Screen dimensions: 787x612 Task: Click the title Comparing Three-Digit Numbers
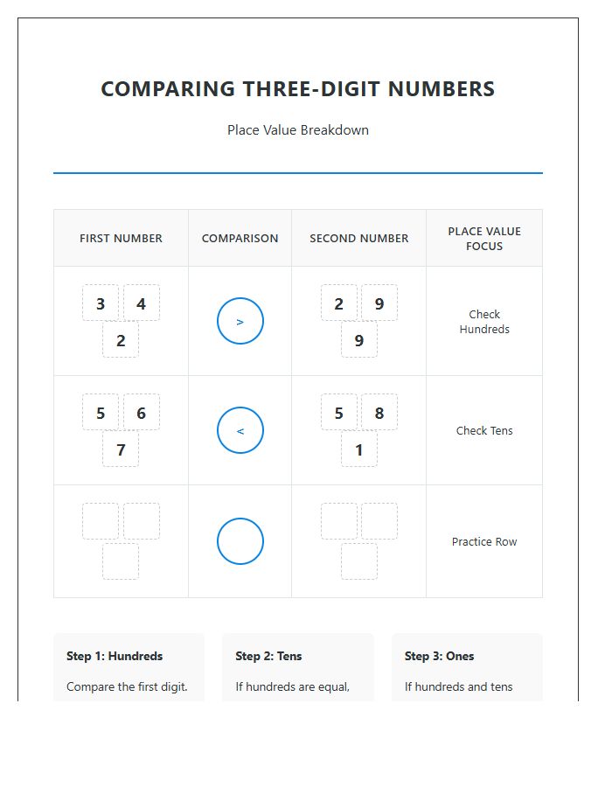tap(297, 89)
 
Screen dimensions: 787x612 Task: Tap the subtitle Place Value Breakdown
tap(297, 130)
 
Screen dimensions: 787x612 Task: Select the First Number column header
tap(121, 238)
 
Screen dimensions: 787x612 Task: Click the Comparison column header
tap(240, 238)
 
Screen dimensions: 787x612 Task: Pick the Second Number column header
tap(358, 238)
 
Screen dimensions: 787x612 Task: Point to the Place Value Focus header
tap(483, 239)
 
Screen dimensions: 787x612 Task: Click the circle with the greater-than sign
tap(240, 321)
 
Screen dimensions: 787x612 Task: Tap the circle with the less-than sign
tap(240, 430)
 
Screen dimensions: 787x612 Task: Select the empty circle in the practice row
tap(240, 541)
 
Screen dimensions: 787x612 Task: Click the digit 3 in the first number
tap(101, 303)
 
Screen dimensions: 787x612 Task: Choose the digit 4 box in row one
tap(141, 303)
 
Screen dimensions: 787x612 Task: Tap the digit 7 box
tap(121, 449)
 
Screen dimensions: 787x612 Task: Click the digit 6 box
tap(141, 413)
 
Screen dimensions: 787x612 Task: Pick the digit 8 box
tap(379, 413)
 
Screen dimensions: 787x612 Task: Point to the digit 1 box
tap(359, 449)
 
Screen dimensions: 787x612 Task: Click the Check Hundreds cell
tap(483, 322)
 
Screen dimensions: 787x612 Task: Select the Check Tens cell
tap(483, 430)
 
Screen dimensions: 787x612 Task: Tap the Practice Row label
tap(483, 541)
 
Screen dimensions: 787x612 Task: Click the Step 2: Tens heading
tap(268, 656)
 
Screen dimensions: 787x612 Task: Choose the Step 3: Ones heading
tap(439, 656)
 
